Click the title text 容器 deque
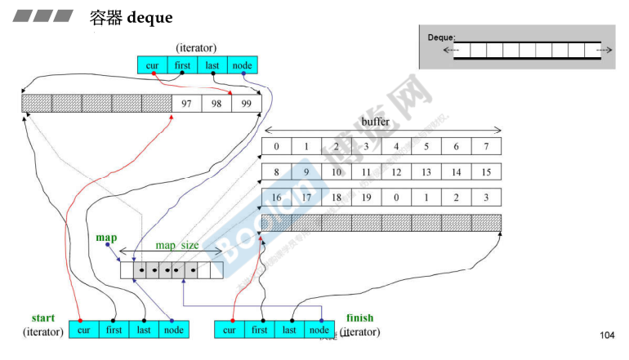[x=131, y=16]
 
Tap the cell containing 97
[x=187, y=104]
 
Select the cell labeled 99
[x=246, y=104]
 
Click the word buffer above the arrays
[x=376, y=122]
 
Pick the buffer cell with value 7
[x=486, y=147]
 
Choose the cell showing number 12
[x=396, y=172]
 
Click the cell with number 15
[x=486, y=172]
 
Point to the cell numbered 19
[x=366, y=198]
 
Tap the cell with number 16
[x=276, y=198]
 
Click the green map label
[x=106, y=238]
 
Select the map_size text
[x=177, y=245]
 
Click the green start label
[x=43, y=318]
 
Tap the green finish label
[x=359, y=318]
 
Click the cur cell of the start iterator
[x=84, y=330]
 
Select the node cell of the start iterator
[x=173, y=330]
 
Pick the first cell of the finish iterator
[x=260, y=330]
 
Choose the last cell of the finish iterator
[x=289, y=330]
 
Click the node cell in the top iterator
[x=243, y=65]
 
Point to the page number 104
[x=606, y=336]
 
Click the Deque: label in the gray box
[x=441, y=38]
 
